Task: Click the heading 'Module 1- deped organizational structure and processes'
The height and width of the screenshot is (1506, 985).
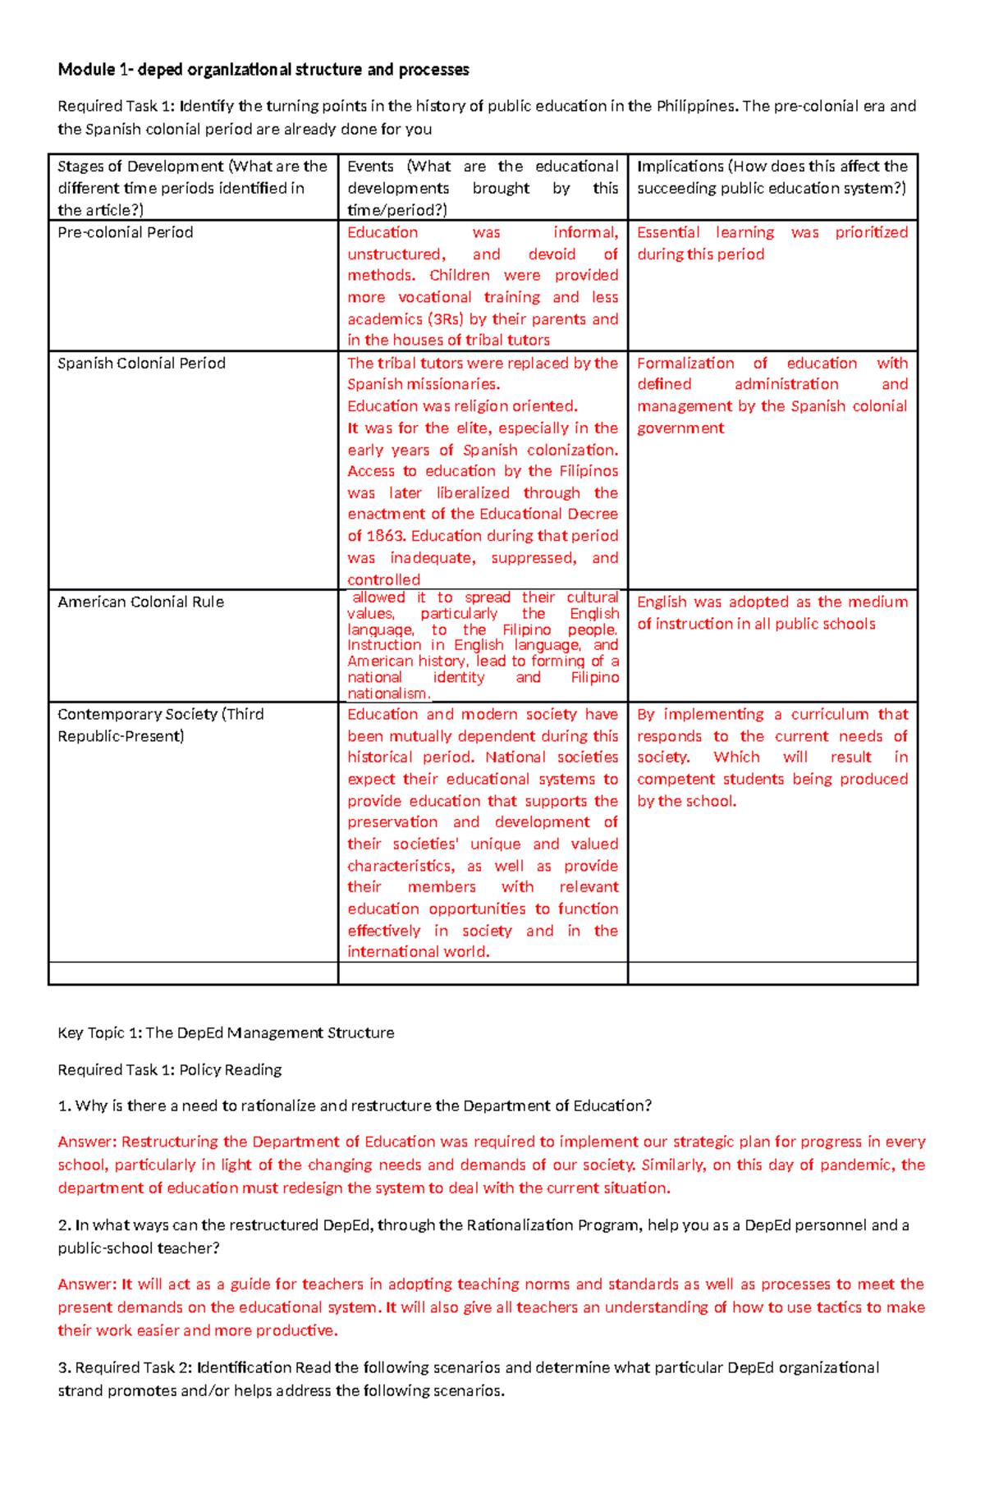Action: coord(263,70)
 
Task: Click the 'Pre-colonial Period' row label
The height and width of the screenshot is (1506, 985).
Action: coord(126,232)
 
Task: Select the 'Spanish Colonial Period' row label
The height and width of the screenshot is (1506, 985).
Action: coord(141,363)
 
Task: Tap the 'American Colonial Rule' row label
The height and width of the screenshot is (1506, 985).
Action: coord(140,602)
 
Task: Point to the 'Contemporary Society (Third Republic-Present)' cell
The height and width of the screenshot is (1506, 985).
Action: coord(161,725)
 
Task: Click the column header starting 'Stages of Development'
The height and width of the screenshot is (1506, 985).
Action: coord(192,188)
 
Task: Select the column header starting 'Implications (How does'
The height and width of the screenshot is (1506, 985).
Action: coord(772,177)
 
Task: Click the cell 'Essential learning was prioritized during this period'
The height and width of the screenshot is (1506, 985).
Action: coord(772,243)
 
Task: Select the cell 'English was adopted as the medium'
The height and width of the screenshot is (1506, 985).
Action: coord(772,612)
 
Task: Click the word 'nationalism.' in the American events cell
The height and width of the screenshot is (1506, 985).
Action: coord(388,693)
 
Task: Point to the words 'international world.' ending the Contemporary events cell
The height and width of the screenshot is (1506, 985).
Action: coord(418,952)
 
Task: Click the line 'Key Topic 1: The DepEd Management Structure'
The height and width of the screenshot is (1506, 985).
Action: coord(226,1032)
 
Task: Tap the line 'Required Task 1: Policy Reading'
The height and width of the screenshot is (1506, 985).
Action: coord(170,1069)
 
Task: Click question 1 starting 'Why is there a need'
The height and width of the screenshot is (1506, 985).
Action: coord(355,1105)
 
